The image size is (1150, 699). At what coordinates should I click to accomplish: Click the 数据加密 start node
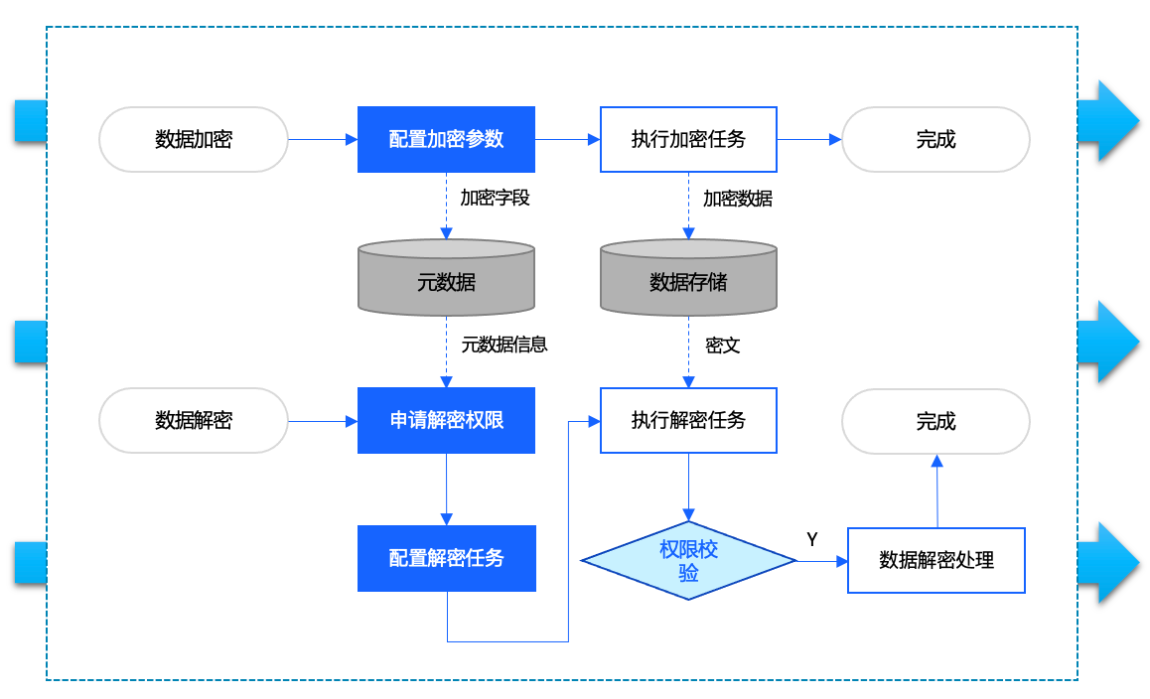pos(194,139)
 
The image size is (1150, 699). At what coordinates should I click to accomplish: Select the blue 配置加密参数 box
pos(446,139)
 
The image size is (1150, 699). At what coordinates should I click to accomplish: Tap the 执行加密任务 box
pos(688,139)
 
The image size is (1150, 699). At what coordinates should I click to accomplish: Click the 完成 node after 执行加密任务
pos(935,139)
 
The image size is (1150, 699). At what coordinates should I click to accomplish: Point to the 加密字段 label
pos(495,198)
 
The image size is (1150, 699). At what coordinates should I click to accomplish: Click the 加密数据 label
pos(737,198)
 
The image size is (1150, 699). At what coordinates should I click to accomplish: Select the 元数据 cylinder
pos(446,282)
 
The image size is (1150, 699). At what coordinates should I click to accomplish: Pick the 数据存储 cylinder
pos(688,282)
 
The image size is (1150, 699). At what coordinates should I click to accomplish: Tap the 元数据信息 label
pos(504,345)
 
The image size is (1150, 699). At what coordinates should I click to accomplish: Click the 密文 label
pos(722,346)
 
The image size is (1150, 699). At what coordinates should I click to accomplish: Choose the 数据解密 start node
pos(194,420)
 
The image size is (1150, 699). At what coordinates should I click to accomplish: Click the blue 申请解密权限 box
pos(446,420)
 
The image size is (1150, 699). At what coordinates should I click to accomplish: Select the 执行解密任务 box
pos(688,420)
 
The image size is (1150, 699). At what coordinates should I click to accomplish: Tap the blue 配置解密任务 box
pos(446,558)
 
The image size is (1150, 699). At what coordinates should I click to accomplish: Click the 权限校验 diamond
pos(688,561)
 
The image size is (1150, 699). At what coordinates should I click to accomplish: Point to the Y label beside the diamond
pos(811,540)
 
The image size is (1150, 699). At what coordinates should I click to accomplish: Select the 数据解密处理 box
pos(935,560)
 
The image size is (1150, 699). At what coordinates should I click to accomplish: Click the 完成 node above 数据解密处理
pos(935,421)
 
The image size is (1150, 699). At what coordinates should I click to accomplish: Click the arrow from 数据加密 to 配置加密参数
pos(323,140)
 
